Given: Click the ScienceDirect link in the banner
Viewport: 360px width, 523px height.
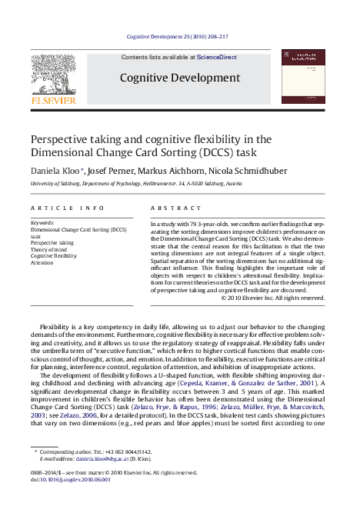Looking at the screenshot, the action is coord(217,58).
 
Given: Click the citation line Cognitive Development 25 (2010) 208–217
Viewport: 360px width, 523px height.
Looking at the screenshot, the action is coord(179,36).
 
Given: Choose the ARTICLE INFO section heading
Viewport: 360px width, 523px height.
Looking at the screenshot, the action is coord(67,208).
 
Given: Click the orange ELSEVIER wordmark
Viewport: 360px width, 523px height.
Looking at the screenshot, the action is coord(53,100).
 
